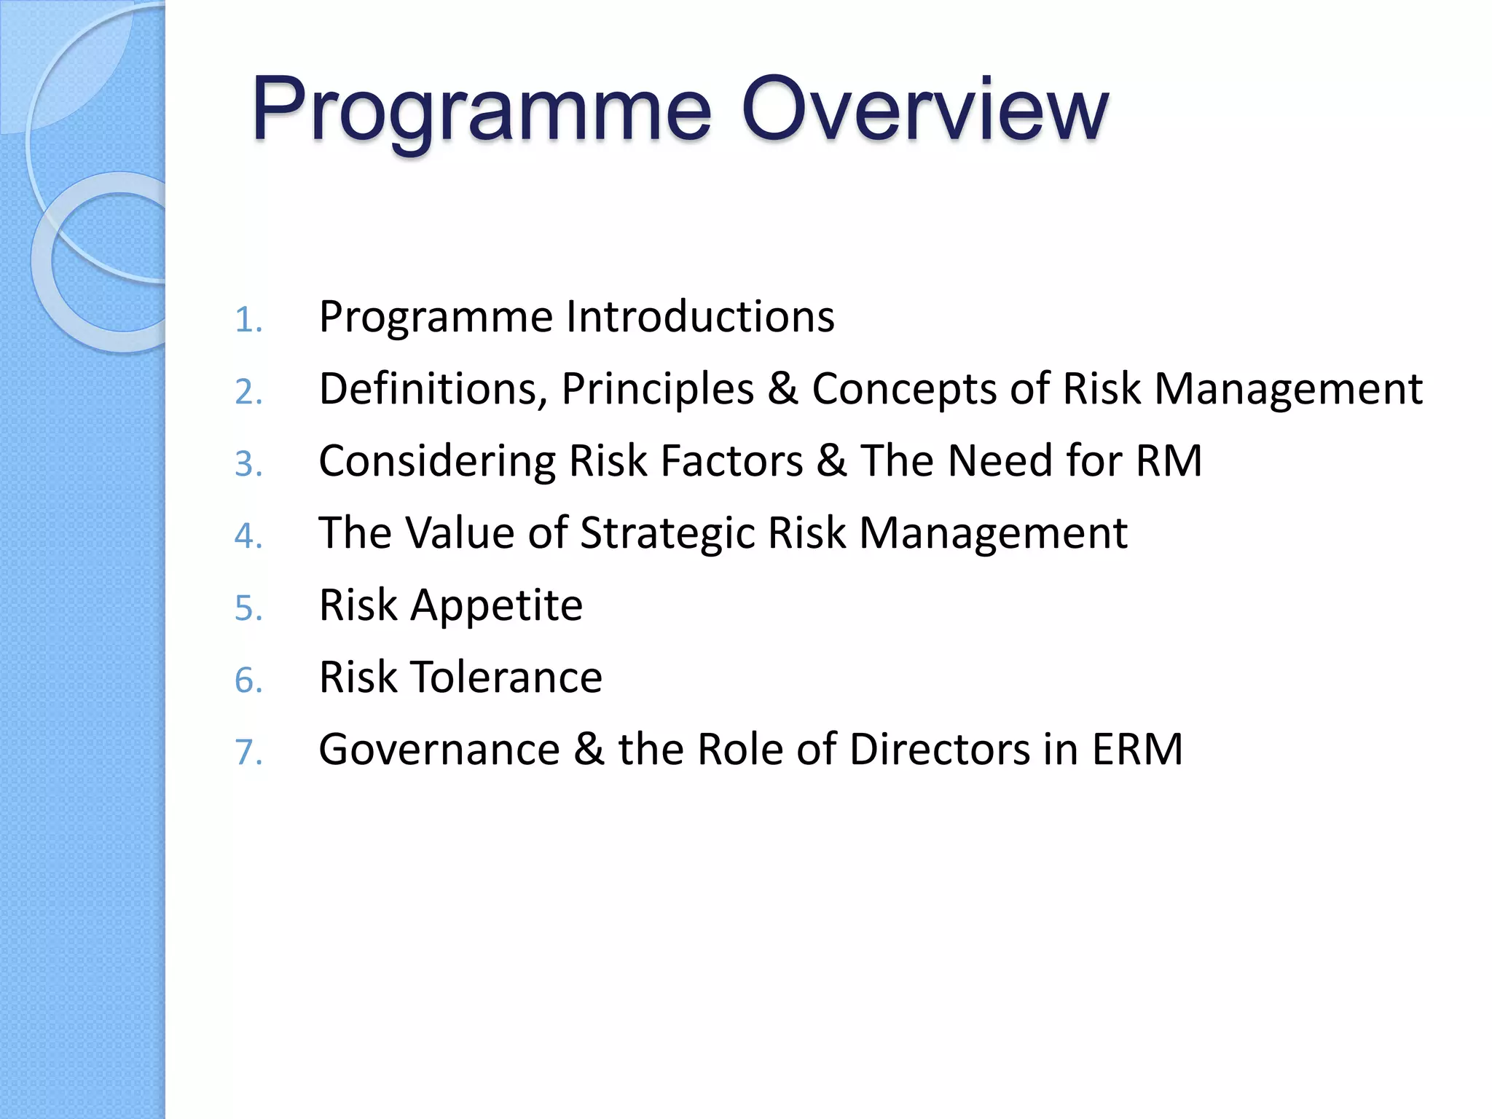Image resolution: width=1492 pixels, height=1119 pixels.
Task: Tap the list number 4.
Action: pos(248,536)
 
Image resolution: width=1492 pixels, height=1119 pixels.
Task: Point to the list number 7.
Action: pos(248,752)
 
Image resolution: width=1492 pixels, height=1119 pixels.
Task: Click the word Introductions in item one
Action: pos(700,317)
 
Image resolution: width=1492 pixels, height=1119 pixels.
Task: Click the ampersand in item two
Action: pos(782,389)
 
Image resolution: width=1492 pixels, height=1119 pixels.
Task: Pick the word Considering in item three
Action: pos(437,462)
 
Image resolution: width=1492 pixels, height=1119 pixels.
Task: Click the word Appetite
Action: pos(497,606)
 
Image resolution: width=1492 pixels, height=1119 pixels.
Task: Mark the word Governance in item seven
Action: pos(439,750)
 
